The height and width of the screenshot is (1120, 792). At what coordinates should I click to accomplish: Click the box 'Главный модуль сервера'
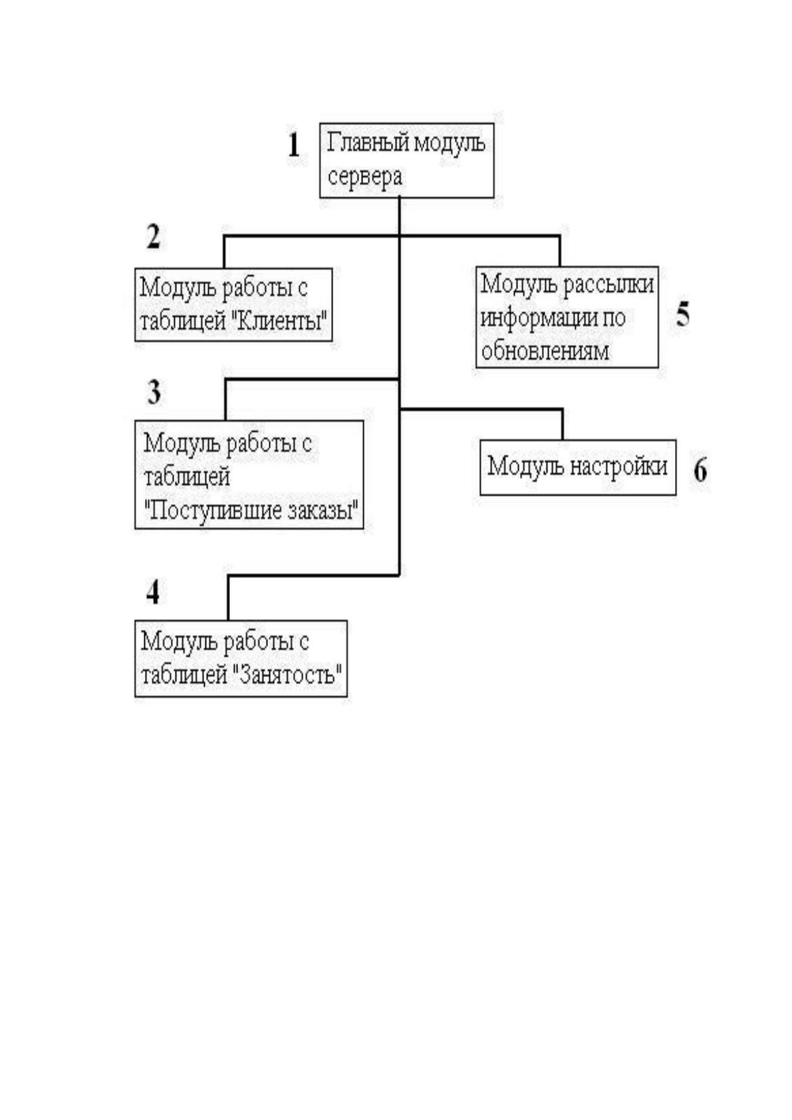coord(406,160)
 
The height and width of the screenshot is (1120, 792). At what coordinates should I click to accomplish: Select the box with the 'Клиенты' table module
coord(233,305)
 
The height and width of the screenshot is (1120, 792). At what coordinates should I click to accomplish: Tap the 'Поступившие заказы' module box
coord(249,474)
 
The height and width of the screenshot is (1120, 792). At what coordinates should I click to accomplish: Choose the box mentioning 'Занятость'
coord(241,658)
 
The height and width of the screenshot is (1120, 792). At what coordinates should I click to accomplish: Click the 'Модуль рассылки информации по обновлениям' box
coord(567,317)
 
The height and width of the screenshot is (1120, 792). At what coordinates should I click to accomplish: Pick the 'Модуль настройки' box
coord(578,468)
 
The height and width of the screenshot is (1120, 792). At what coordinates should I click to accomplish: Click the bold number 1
coord(293,146)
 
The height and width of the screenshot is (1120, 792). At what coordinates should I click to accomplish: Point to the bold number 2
coord(154,237)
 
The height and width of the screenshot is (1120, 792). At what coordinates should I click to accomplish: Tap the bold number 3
coord(154,392)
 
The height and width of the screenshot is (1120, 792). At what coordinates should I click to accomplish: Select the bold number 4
coord(153,593)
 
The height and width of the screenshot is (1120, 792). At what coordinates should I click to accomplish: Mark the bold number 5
coord(682,315)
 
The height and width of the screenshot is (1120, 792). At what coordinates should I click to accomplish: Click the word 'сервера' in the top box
coord(364,177)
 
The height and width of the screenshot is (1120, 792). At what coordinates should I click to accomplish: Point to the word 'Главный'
coord(368,142)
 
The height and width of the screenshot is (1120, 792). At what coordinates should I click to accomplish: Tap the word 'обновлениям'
coord(545,350)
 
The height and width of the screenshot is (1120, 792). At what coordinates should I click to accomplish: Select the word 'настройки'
coord(619,466)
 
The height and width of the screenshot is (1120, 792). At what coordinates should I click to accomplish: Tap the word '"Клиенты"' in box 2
coord(280,321)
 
